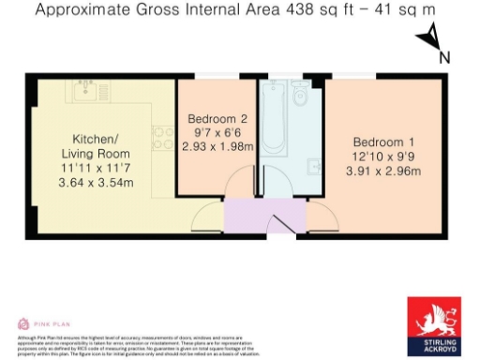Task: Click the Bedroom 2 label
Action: click(217, 119)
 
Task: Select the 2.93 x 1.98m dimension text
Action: click(217, 146)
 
